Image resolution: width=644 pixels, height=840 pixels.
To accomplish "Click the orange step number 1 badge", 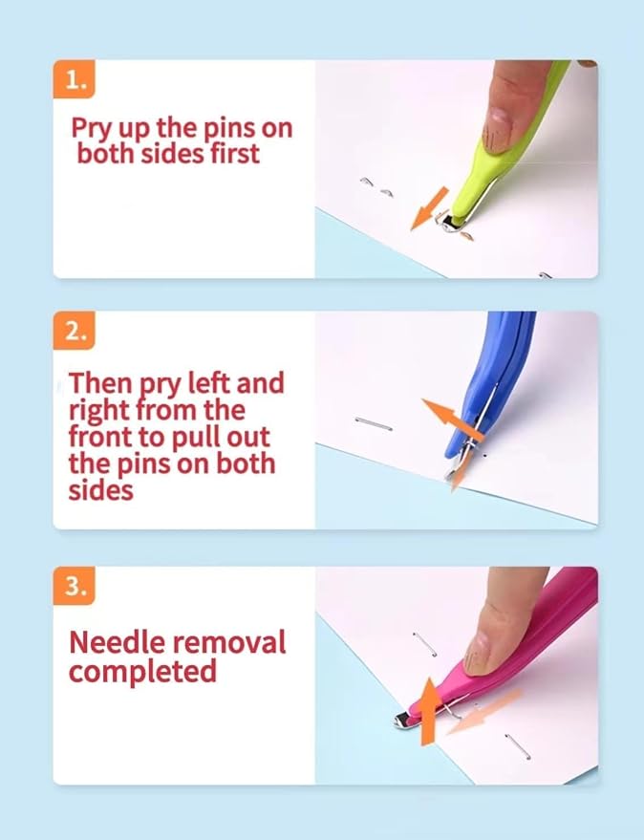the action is pyautogui.click(x=74, y=79).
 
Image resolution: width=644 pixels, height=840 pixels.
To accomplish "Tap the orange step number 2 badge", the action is pyautogui.click(x=74, y=331).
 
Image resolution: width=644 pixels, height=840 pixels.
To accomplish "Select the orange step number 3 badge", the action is pyautogui.click(x=74, y=586).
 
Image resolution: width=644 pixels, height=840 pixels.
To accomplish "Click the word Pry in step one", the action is pyautogui.click(x=92, y=129).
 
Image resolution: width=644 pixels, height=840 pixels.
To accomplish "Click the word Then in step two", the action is pyautogui.click(x=100, y=382).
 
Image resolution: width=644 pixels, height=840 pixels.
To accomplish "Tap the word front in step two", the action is pyautogui.click(x=99, y=437).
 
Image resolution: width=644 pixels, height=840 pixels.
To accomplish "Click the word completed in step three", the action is pyautogui.click(x=142, y=672).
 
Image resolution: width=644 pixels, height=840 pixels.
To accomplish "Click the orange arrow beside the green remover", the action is pyautogui.click(x=429, y=208).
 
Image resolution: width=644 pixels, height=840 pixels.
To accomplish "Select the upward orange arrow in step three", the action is pyautogui.click(x=429, y=711).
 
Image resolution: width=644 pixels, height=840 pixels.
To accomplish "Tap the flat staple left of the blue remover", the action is pyautogui.click(x=374, y=423).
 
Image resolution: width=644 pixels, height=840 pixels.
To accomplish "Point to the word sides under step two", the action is pyautogui.click(x=100, y=490).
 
